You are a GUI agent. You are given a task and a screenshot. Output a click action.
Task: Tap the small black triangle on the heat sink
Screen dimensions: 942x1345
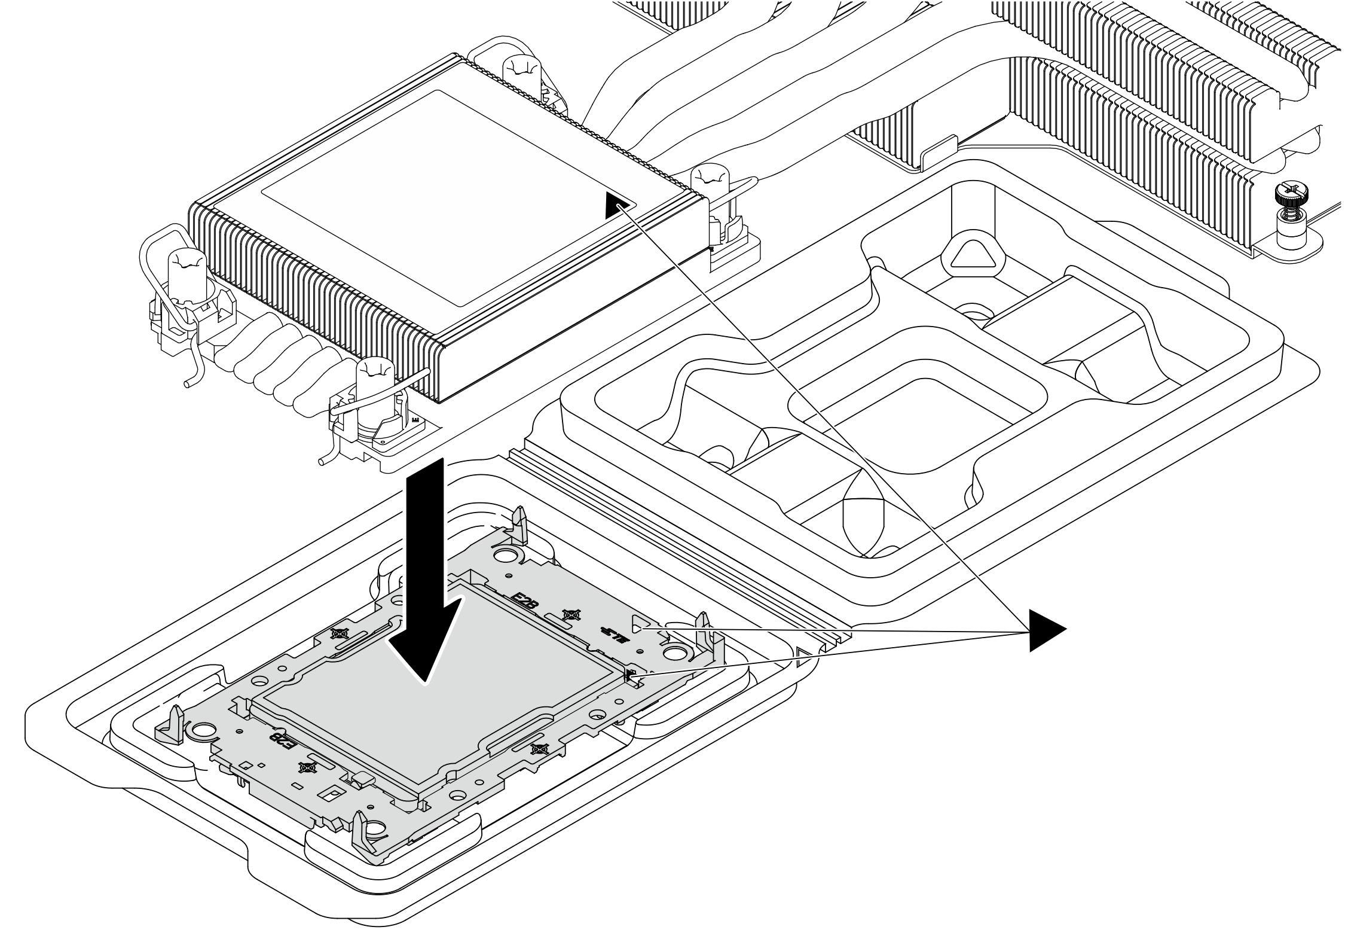[616, 205]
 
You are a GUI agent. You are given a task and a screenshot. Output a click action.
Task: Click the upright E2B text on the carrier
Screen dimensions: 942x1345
[526, 602]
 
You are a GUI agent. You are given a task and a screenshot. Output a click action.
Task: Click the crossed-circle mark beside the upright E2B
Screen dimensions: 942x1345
[572, 614]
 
